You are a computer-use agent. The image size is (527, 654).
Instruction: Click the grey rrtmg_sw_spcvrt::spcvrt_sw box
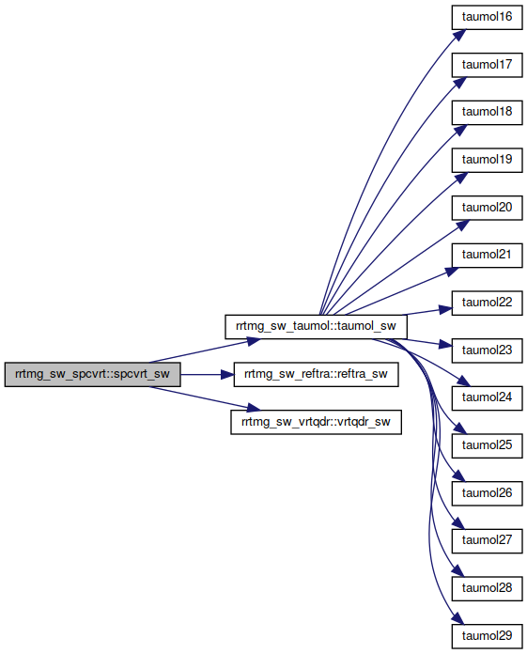point(93,374)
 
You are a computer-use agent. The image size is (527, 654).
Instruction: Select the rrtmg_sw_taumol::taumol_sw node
point(316,327)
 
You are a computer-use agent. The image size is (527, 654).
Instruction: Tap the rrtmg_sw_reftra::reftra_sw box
point(316,374)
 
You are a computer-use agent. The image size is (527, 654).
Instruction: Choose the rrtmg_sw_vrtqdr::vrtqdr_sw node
point(316,422)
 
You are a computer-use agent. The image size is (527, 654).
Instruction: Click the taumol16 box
point(487,17)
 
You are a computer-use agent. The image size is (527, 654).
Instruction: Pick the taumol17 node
point(487,65)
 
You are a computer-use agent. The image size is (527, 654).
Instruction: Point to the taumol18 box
point(487,112)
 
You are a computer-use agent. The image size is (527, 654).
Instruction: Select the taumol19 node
point(487,160)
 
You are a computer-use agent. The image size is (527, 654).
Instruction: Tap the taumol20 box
point(487,208)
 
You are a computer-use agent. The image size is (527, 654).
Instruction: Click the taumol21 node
point(487,256)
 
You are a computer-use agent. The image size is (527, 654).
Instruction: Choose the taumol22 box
point(487,303)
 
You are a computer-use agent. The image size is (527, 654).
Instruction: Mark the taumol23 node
point(487,350)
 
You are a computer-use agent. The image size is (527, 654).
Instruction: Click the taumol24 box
point(487,398)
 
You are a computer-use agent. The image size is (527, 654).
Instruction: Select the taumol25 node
point(487,446)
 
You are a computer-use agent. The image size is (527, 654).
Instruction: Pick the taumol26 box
point(487,493)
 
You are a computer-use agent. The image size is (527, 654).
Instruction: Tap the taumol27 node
point(487,541)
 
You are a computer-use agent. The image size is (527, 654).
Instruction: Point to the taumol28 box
point(487,589)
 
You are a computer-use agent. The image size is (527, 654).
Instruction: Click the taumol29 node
point(487,636)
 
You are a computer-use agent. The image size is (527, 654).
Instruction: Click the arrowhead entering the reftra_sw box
point(227,375)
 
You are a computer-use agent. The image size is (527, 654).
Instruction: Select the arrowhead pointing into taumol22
point(445,309)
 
